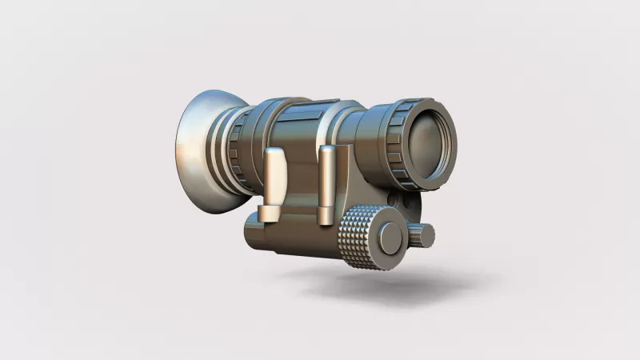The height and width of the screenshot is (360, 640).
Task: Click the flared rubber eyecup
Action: (x=196, y=152)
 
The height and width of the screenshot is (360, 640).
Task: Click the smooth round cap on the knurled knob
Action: (x=390, y=238)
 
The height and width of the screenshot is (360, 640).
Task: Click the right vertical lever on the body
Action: (x=326, y=180)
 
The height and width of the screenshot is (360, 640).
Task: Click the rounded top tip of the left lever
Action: (x=274, y=153)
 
